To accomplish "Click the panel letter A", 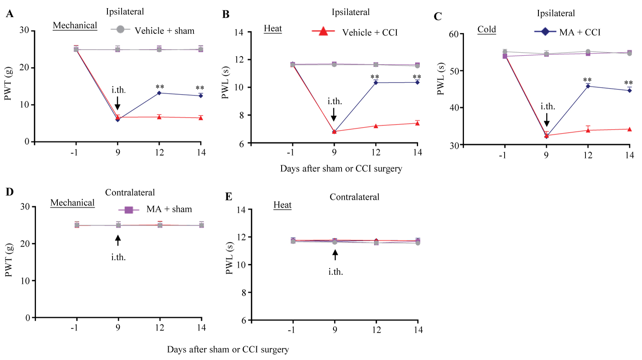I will [x=9, y=14].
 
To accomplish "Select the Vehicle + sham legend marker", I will [x=120, y=30].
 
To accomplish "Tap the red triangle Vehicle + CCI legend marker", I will [x=323, y=31].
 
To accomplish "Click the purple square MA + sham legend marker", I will [x=128, y=210].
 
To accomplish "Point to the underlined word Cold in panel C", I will [x=487, y=30].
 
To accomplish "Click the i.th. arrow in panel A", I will [x=117, y=103].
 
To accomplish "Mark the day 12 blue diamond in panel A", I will [x=159, y=93].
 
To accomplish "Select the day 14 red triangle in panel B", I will [x=417, y=123].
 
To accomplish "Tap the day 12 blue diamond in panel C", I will [x=588, y=86].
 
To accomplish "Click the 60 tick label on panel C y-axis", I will [x=454, y=34].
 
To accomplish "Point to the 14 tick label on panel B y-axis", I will [x=239, y=33].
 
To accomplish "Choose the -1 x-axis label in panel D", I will [x=74, y=328].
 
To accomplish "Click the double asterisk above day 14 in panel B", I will [x=417, y=77].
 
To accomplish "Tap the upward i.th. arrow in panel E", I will [x=335, y=255].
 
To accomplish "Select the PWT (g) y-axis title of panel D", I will [x=9, y=260].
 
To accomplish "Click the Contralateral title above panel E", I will [x=354, y=197].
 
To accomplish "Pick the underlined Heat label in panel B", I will [x=273, y=29].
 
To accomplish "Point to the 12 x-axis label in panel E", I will [x=377, y=330].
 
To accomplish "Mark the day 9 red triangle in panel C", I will [x=547, y=135].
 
